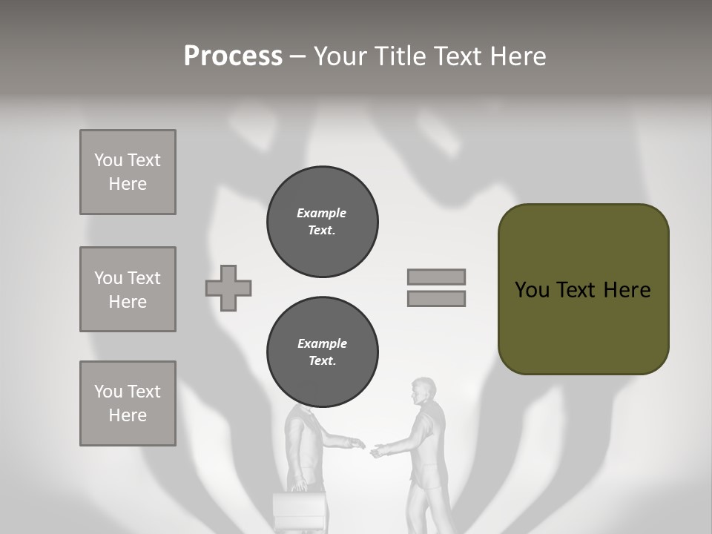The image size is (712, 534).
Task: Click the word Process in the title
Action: click(x=233, y=56)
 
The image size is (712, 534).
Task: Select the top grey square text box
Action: click(x=128, y=172)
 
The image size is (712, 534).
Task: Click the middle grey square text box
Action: click(x=128, y=289)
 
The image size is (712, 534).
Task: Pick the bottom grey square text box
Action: click(x=128, y=403)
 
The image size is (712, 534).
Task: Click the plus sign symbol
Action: click(x=228, y=288)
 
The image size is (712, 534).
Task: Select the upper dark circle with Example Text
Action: click(x=322, y=222)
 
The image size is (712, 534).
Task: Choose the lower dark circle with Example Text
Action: click(x=322, y=352)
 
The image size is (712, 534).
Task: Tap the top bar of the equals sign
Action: click(x=436, y=277)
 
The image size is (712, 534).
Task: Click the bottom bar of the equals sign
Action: click(x=436, y=298)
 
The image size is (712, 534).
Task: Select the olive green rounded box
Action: click(x=583, y=289)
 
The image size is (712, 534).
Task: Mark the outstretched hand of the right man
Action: click(x=379, y=449)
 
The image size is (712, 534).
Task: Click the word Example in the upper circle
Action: click(x=321, y=213)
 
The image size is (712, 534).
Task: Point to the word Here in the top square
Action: click(x=128, y=184)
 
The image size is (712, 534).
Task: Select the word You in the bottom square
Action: click(x=108, y=392)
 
